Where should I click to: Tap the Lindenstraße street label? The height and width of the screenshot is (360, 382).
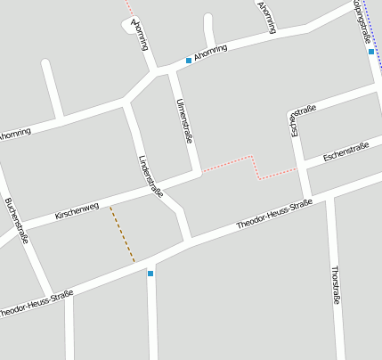point(150,176)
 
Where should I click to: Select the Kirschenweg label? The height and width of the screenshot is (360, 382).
point(77,210)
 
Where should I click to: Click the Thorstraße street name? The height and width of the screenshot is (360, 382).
point(336,285)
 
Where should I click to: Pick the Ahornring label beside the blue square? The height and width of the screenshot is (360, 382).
point(215,51)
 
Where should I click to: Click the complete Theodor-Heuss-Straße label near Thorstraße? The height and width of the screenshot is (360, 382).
point(273,217)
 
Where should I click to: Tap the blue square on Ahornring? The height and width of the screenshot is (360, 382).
point(189,61)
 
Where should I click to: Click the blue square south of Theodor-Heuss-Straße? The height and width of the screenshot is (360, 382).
point(150,273)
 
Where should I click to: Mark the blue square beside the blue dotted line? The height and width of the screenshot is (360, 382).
point(371,52)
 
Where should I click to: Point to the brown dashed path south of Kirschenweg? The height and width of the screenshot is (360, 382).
point(122,234)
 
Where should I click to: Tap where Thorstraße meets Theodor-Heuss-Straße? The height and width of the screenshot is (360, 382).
point(329,196)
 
